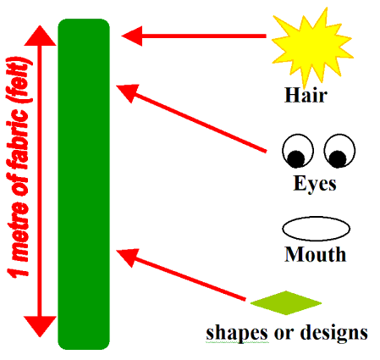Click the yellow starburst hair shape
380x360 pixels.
(311, 47)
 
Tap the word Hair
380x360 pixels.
(306, 95)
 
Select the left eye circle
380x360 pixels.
(298, 151)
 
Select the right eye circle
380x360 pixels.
(339, 151)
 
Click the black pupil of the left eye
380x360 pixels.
(295, 158)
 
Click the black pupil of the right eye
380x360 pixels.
(338, 158)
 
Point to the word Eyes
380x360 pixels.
(315, 184)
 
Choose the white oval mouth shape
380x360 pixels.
(317, 229)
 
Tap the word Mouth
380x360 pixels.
(315, 254)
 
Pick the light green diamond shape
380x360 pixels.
(286, 303)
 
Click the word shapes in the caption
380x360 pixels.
(237, 333)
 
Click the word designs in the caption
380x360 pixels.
(334, 333)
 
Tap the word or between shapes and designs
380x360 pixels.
(284, 335)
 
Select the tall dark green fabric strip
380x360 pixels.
(84, 184)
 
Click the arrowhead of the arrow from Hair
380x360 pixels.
(132, 36)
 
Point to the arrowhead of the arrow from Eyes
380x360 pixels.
(128, 93)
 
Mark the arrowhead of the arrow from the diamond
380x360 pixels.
(128, 258)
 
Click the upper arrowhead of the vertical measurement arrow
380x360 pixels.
(40, 36)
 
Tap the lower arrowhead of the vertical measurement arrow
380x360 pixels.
(40, 326)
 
